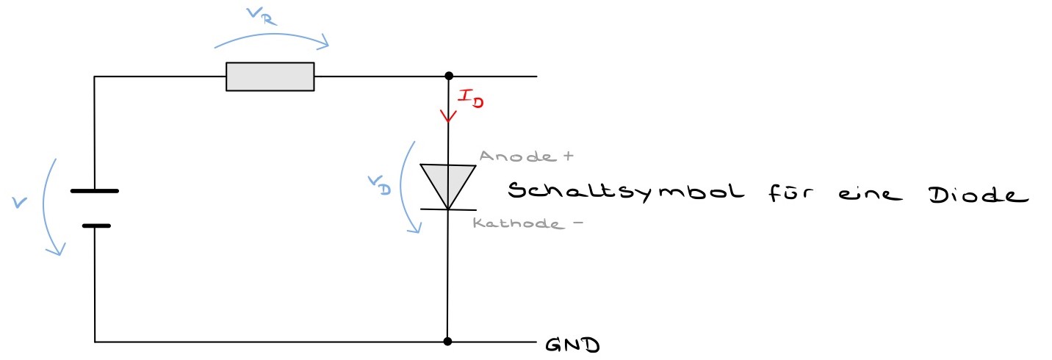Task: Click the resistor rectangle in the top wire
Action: point(270,76)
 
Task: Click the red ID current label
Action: point(471,98)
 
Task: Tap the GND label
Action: point(572,344)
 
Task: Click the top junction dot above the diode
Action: point(447,76)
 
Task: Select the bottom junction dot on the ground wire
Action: point(447,342)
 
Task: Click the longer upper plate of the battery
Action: point(95,191)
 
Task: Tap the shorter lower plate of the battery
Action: point(96,225)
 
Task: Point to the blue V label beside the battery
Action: point(19,201)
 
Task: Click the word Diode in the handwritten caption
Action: point(974,194)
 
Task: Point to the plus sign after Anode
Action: point(566,156)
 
